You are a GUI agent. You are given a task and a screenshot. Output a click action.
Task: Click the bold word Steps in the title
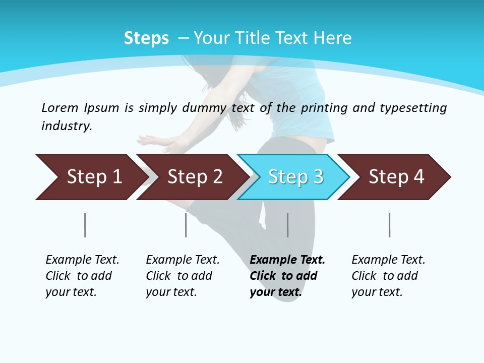146,38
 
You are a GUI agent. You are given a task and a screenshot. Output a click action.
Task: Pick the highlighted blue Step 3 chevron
295,177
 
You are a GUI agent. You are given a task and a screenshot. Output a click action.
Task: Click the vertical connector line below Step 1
85,225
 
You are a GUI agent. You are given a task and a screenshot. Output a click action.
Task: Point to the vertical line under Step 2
186,225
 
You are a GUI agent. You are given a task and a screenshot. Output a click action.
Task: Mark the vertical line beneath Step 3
287,225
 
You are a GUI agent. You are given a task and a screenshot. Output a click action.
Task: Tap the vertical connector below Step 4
389,225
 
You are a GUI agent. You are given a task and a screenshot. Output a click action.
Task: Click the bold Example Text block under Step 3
287,276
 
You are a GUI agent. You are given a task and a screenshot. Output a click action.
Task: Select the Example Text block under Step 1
82,276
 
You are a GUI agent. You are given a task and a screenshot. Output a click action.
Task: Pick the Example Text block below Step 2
183,276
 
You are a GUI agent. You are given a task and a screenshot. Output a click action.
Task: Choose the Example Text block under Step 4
388,276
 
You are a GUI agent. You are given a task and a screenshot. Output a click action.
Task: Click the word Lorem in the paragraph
60,107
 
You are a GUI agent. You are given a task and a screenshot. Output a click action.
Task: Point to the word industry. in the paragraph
67,126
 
